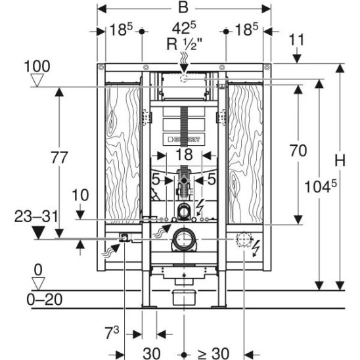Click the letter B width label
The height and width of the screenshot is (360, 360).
click(183, 7)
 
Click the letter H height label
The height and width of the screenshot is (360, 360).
click(340, 160)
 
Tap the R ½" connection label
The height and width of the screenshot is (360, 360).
click(185, 44)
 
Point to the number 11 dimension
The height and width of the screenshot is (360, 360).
click(296, 40)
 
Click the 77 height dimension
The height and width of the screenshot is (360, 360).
click(59, 158)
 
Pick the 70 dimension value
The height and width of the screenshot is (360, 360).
click(298, 150)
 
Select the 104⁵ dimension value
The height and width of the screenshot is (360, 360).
click(321, 186)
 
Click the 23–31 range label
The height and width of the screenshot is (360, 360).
click(36, 217)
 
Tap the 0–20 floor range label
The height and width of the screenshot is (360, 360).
click(45, 300)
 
